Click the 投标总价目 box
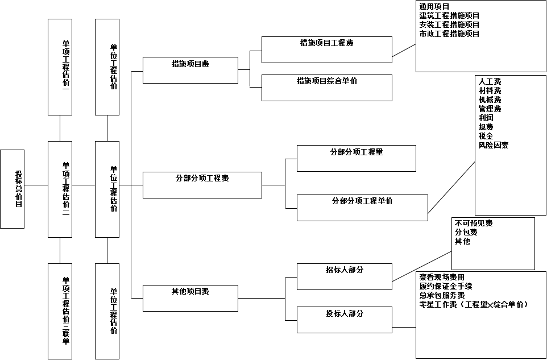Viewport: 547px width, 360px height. (12, 189)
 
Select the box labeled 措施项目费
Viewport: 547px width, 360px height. (190, 70)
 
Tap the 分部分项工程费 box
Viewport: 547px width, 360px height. (202, 185)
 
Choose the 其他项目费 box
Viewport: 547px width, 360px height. (190, 298)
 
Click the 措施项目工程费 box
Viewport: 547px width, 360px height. (326, 49)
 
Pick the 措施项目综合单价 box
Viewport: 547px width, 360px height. (326, 88)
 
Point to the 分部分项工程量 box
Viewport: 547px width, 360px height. (356, 158)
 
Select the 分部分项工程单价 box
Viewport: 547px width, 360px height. (362, 208)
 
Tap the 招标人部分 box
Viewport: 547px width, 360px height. (344, 276)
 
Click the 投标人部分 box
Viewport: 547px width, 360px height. (344, 320)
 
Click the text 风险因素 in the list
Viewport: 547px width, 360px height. (494, 146)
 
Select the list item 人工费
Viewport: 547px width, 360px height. (490, 82)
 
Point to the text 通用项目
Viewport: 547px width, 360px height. (434, 7)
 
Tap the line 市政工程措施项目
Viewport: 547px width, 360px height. (449, 34)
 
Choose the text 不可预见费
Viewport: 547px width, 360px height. (474, 224)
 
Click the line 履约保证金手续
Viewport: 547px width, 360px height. (446, 286)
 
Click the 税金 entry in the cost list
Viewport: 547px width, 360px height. (486, 136)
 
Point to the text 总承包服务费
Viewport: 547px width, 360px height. (442, 295)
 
